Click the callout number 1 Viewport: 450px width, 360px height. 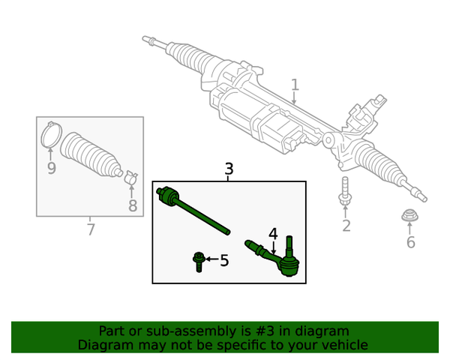click(x=295, y=85)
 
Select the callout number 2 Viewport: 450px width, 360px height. click(x=346, y=226)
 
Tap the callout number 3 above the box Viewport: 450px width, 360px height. click(x=229, y=169)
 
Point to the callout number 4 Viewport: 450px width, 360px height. click(x=273, y=234)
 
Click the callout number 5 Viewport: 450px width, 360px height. click(x=224, y=261)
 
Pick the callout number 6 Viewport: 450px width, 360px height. click(x=410, y=242)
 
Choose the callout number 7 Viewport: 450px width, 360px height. click(x=90, y=229)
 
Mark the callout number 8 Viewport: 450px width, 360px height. click(x=133, y=205)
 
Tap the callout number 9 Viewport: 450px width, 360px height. click(x=51, y=168)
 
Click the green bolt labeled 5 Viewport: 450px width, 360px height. click(x=199, y=261)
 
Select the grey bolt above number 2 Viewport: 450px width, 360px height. click(x=345, y=190)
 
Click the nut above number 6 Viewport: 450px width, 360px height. click(x=409, y=217)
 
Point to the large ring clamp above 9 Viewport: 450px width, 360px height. click(x=51, y=134)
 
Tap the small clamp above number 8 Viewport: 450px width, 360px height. click(x=130, y=178)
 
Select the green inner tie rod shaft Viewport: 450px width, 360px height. click(x=199, y=213)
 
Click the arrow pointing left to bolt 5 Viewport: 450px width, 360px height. click(x=211, y=260)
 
